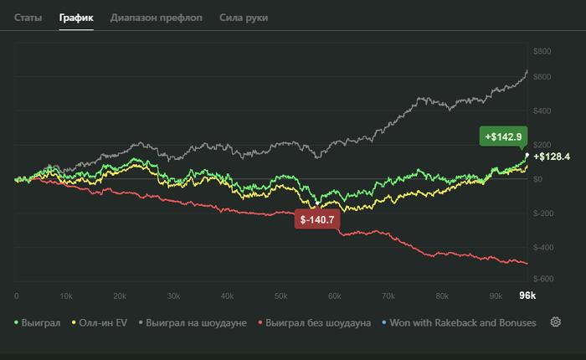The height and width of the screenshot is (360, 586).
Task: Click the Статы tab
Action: tap(28, 17)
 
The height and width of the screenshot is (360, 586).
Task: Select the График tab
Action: tap(76, 17)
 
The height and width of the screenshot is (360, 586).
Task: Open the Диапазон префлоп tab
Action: tap(156, 17)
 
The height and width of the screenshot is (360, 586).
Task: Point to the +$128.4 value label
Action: tap(551, 157)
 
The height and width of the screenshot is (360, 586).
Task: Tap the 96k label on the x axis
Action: tap(527, 296)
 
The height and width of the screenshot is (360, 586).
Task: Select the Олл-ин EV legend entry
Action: tap(102, 322)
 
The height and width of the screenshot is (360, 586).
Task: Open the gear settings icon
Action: tap(555, 322)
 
